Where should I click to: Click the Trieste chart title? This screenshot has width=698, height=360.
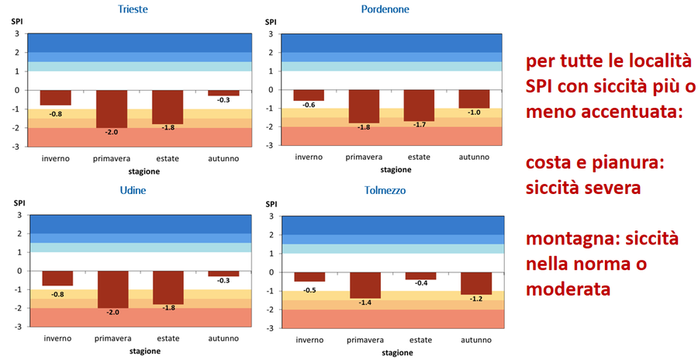(x=133, y=9)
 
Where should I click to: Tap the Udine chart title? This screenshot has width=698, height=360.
(x=133, y=190)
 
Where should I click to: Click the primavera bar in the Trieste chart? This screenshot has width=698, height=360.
(x=112, y=109)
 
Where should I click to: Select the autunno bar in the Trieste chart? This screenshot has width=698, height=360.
(x=223, y=93)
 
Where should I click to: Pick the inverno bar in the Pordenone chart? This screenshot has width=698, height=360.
(x=309, y=95)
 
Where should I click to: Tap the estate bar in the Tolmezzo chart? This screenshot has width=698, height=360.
(x=420, y=275)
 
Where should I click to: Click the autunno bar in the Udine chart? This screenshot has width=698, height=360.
(x=223, y=274)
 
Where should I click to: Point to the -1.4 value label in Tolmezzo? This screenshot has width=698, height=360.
(x=365, y=303)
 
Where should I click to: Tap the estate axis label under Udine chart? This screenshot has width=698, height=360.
(x=168, y=338)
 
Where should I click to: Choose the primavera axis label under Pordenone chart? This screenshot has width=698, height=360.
(x=364, y=157)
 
